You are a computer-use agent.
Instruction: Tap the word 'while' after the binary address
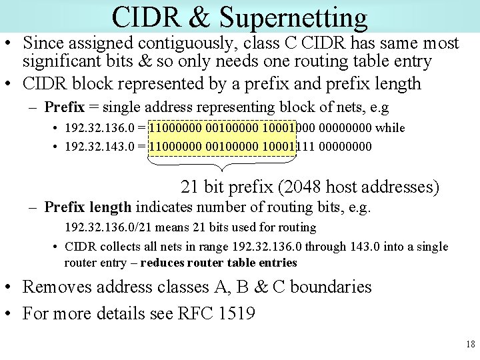[x=391, y=127]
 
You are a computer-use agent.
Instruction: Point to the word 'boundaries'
[x=331, y=287]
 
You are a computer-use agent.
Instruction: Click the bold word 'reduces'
[x=164, y=263]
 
